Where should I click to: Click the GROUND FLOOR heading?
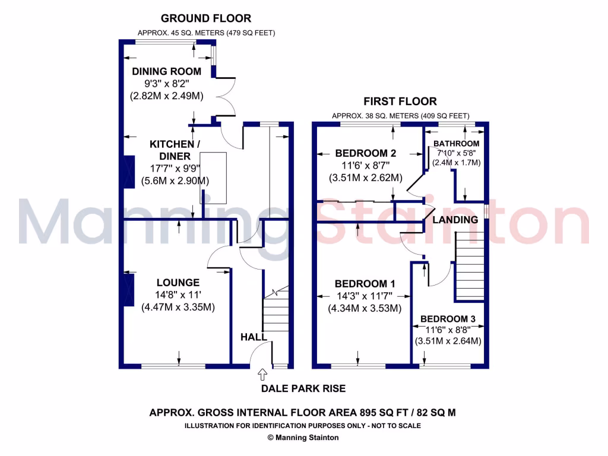[x=206, y=18]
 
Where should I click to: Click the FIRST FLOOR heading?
[x=400, y=102]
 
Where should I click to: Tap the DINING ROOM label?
[x=166, y=71]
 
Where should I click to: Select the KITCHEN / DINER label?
[x=171, y=150]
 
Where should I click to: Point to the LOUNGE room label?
[x=178, y=283]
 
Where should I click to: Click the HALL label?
[x=254, y=337]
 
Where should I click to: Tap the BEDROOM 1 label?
[x=365, y=283]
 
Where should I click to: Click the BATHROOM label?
[x=456, y=144]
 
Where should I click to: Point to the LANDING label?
[x=455, y=220]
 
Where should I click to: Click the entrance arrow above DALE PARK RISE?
[x=262, y=374]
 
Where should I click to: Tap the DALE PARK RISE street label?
[x=303, y=389]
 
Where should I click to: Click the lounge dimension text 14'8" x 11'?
[x=178, y=294]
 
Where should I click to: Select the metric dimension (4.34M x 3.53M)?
[x=365, y=308]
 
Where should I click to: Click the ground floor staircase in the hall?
[x=275, y=312]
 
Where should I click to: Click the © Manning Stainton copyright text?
[x=303, y=438]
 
